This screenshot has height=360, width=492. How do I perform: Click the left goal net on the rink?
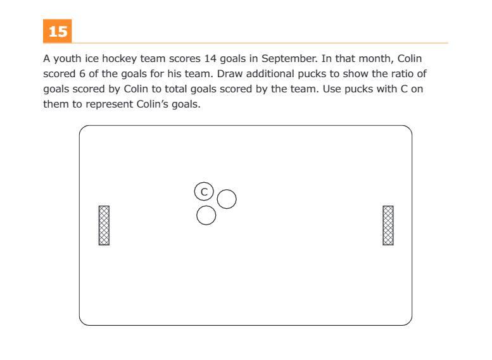104,225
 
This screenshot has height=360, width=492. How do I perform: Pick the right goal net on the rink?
388,225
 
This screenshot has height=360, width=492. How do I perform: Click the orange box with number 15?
58,31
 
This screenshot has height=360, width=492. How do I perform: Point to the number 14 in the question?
210,59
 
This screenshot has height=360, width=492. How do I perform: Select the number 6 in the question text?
82,74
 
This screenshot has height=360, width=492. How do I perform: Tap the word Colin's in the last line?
152,104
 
